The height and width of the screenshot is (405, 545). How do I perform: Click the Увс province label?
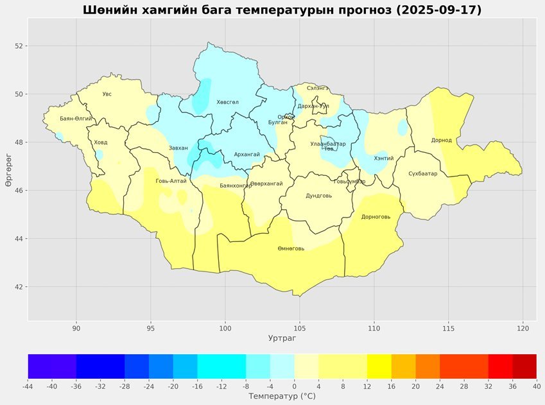107,94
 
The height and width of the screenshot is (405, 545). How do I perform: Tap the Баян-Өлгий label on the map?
76,119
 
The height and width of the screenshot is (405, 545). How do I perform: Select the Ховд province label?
101,142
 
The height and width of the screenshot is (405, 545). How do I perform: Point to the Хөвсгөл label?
227,102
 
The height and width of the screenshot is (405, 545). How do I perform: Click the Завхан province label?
178,148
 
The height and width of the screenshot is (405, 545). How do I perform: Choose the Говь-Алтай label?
171,181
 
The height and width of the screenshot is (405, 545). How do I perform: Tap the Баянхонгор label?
236,185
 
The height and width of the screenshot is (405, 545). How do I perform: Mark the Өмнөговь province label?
291,248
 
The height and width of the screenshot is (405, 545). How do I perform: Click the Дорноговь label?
376,217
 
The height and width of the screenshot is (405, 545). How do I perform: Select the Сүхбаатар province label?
422,174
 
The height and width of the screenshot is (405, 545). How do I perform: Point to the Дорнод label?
442,140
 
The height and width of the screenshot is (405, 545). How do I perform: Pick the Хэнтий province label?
384,159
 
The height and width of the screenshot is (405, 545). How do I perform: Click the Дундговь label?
318,196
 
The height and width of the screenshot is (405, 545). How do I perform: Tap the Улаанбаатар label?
327,144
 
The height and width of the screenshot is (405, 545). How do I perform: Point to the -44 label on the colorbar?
28,386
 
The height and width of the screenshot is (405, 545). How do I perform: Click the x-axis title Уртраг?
282,337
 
